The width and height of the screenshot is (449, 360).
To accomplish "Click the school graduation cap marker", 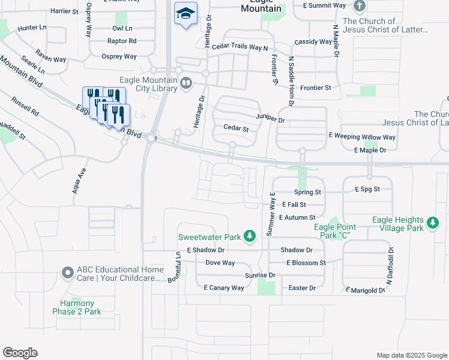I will click(x=185, y=13).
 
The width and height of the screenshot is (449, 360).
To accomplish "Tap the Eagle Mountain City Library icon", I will click(x=186, y=83).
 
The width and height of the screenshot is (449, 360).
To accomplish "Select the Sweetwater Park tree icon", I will click(x=253, y=236).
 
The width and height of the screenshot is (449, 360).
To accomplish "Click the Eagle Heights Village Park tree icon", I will click(x=432, y=224).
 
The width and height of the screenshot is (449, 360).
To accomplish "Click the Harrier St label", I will click(x=65, y=11).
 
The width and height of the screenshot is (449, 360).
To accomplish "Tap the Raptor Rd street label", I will click(x=122, y=41).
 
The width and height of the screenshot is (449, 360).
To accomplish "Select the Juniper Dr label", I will click(x=270, y=119).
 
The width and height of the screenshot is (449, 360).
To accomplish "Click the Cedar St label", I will click(x=236, y=128).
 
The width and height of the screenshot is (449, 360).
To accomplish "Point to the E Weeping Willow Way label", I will click(x=362, y=137).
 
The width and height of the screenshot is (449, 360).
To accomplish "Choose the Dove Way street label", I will click(x=220, y=263).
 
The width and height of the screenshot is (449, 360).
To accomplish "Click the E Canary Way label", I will click(x=224, y=288).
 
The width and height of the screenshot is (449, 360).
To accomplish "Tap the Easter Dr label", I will click(x=302, y=288).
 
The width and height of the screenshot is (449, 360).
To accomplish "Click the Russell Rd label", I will click(x=25, y=106).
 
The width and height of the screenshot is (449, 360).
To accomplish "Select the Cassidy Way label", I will click(x=313, y=42).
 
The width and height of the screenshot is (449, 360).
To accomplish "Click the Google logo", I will click(x=20, y=353).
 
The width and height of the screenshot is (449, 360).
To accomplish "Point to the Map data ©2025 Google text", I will click(x=411, y=355).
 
